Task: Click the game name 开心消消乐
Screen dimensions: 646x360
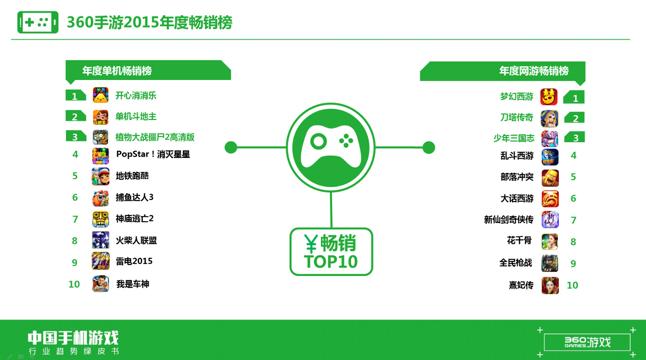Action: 136,96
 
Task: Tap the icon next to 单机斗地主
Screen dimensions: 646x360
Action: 101,117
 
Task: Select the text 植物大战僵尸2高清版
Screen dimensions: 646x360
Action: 155,137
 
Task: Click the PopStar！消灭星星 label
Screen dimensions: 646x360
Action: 153,154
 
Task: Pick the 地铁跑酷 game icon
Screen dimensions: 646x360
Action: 101,176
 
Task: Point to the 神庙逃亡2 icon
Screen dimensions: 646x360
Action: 101,219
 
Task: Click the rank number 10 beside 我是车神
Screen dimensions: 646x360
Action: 74,284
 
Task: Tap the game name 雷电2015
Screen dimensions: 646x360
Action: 134,261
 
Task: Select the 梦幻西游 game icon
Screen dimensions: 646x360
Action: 549,97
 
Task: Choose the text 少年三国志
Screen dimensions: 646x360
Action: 514,138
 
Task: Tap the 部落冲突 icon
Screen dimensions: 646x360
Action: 550,178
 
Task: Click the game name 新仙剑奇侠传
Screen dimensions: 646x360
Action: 509,220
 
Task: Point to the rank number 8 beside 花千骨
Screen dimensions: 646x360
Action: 573,242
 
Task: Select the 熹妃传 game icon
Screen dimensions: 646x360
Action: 550,286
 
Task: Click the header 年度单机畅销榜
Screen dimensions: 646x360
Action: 117,71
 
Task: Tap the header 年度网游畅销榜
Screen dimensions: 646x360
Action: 534,71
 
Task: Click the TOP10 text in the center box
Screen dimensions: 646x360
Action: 331,261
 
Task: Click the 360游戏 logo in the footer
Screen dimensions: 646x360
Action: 587,342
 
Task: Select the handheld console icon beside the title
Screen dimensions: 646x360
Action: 38,22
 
